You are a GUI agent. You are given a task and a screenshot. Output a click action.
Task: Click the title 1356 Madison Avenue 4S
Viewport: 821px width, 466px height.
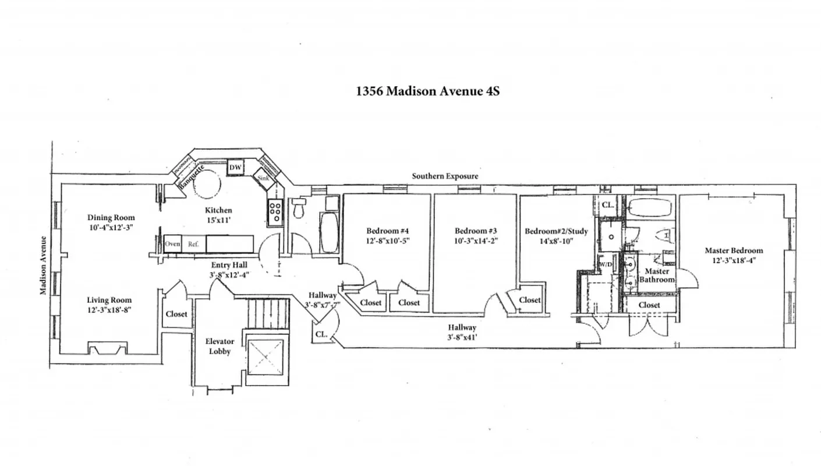click(x=428, y=91)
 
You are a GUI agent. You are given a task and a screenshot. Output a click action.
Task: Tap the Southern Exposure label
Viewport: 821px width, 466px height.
click(x=445, y=176)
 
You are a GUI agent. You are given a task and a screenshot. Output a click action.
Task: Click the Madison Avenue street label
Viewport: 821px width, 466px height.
click(x=44, y=265)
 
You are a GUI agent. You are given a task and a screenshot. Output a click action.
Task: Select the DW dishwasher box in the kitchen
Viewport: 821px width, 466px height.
click(x=235, y=168)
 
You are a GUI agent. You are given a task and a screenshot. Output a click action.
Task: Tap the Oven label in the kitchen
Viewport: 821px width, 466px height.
click(x=172, y=244)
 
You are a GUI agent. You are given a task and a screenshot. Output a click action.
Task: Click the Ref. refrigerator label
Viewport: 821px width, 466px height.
click(x=193, y=244)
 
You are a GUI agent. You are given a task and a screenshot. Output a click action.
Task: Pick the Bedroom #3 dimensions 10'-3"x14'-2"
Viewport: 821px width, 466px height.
click(x=476, y=240)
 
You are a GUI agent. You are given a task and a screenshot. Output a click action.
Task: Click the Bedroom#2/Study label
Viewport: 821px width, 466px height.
click(x=556, y=231)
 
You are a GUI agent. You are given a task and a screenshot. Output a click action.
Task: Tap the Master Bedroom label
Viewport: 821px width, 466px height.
click(x=734, y=250)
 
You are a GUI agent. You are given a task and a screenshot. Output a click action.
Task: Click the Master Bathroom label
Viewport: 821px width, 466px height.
click(x=657, y=276)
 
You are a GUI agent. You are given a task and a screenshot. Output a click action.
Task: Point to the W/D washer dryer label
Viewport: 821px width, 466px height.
click(x=606, y=264)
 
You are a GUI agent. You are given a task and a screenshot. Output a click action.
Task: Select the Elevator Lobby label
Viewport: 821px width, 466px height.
click(x=220, y=347)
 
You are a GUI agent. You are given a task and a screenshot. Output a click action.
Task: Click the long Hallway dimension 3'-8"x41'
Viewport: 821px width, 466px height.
click(x=462, y=337)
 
